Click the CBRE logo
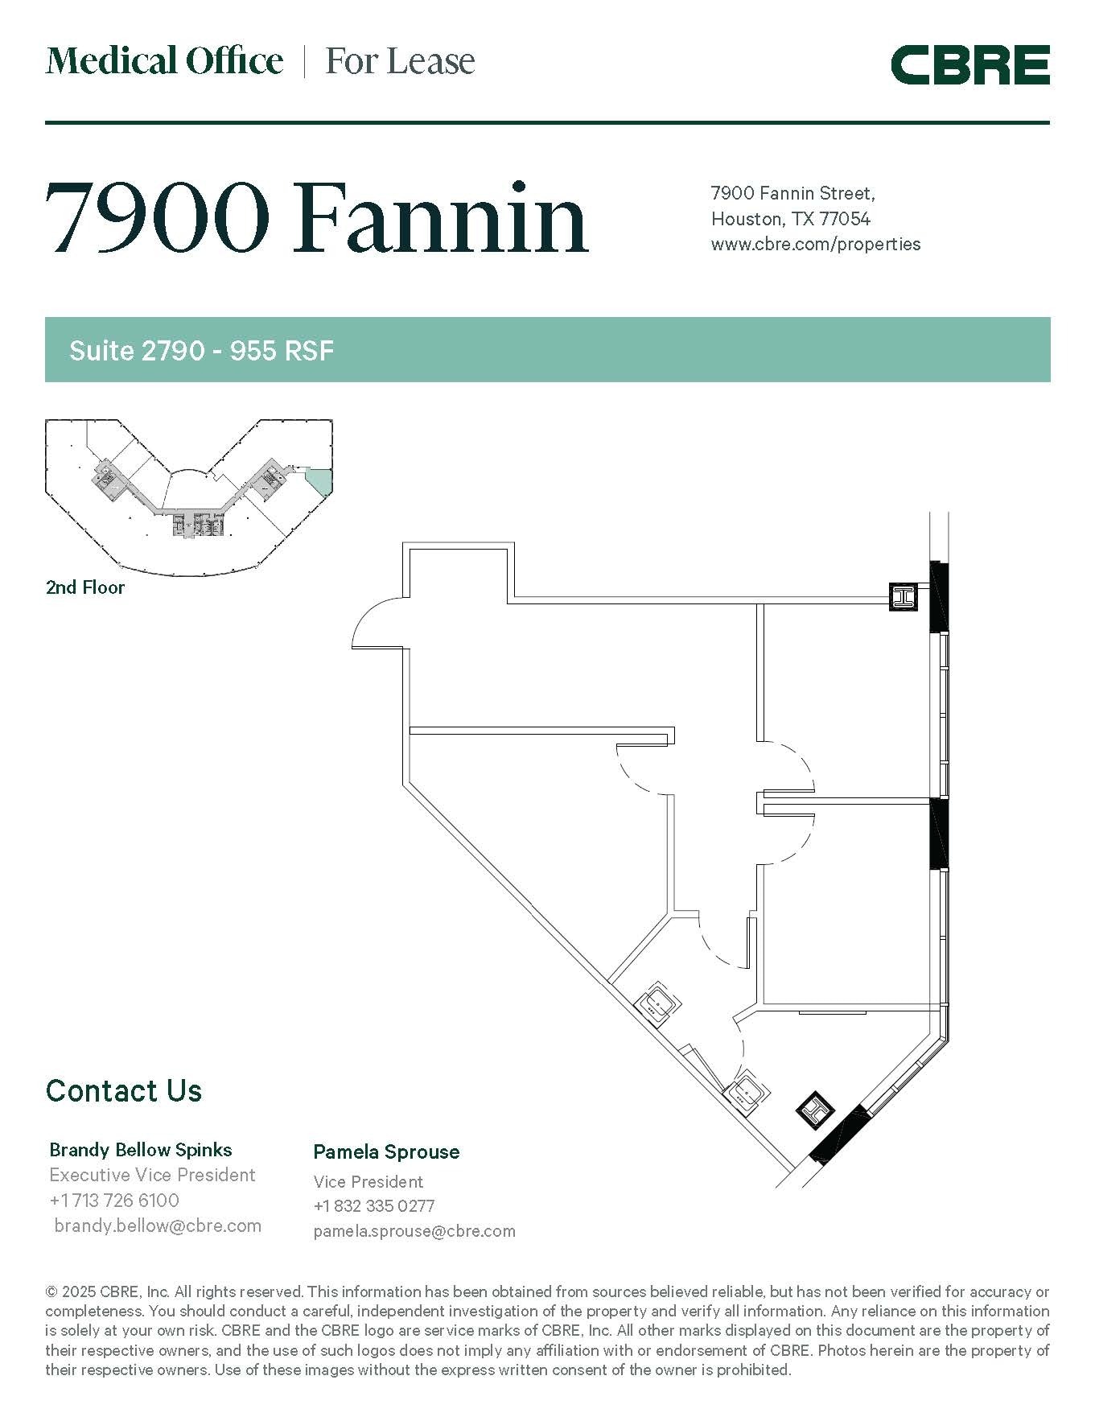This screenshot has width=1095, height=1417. tap(969, 64)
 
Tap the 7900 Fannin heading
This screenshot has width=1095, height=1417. tap(316, 217)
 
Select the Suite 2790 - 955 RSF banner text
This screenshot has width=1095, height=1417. tap(201, 351)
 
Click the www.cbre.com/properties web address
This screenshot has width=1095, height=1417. tap(815, 244)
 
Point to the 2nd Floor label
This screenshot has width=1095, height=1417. tap(85, 587)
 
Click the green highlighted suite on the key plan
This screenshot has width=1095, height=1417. tap(320, 480)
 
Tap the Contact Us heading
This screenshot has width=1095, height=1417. tap(124, 1090)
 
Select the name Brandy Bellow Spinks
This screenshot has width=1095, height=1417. tap(141, 1150)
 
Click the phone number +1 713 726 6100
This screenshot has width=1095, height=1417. tap(114, 1201)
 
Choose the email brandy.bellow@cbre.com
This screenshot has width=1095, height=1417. tap(158, 1225)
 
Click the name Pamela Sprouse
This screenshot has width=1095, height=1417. tap(386, 1151)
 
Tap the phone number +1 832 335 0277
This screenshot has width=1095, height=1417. tap(374, 1206)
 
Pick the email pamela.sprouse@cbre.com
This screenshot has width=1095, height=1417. tap(414, 1231)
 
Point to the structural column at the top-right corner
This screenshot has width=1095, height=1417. tap(903, 596)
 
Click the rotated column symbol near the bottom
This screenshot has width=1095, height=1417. tap(815, 1110)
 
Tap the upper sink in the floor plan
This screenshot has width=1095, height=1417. tap(660, 1003)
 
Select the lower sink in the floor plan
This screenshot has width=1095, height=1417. tap(747, 1092)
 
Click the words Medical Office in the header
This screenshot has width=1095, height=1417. tap(164, 61)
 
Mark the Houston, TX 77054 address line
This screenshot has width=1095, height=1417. tap(790, 219)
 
